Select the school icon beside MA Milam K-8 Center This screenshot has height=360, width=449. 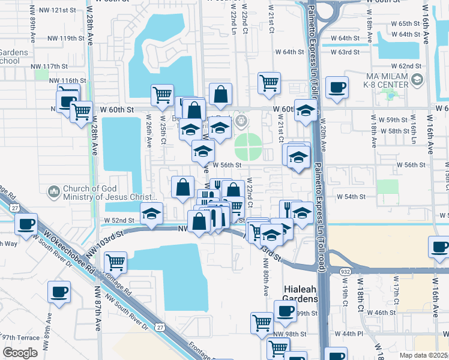click(416, 79)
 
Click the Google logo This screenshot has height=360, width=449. click(20, 353)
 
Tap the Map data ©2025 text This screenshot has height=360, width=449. click(423, 355)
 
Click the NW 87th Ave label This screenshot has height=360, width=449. click(97, 309)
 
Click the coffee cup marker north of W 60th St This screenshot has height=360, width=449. click(337, 88)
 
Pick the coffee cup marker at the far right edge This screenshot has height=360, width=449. click(438, 247)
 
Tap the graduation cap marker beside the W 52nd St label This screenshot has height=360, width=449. click(151, 213)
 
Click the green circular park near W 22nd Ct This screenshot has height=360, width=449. click(248, 143)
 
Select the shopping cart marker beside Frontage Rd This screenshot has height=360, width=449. click(115, 262)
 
